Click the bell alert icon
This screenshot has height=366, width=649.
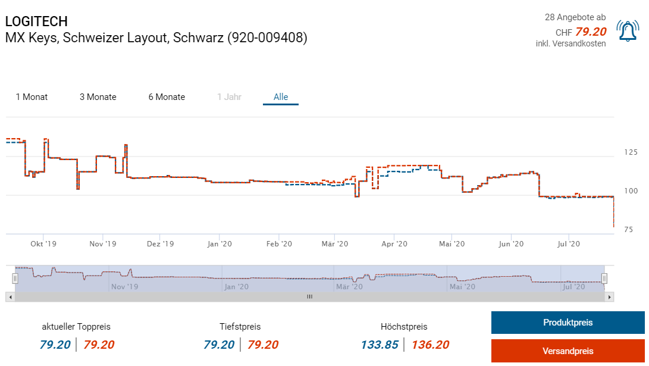tap(627, 31)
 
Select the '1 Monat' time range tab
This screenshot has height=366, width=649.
tap(32, 97)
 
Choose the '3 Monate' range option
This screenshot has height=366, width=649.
tap(98, 97)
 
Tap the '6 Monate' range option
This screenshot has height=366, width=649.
tap(167, 97)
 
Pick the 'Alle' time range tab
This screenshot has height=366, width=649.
tap(281, 97)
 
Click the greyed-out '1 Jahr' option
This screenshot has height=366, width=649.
tap(229, 97)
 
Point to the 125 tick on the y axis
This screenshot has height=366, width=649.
tap(631, 152)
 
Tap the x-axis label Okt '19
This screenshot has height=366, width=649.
tap(43, 244)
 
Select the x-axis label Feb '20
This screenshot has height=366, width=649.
tap(279, 244)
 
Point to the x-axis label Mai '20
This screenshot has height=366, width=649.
tap(452, 244)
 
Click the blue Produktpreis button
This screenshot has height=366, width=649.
tap(568, 323)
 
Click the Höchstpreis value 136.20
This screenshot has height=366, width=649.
tap(430, 345)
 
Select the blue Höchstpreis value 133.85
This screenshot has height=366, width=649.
tap(380, 345)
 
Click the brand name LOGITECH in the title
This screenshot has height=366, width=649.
tap(36, 21)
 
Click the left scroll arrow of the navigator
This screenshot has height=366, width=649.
tap(10, 296)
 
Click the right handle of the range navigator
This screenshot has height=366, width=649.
tap(604, 278)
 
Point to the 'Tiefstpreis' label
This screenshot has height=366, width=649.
tap(240, 327)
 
